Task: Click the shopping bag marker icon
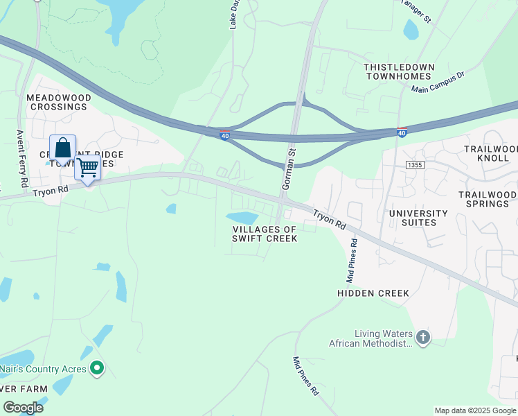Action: click(x=62, y=148)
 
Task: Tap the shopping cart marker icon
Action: click(x=87, y=167)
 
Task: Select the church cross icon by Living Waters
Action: click(x=422, y=338)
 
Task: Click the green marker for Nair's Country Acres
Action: click(x=98, y=368)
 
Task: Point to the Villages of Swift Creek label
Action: click(x=265, y=234)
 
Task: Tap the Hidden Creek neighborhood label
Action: click(x=373, y=293)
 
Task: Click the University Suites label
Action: click(x=419, y=218)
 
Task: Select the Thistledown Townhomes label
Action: click(x=400, y=72)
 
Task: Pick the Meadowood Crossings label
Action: click(x=57, y=103)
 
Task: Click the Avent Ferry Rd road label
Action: click(x=21, y=159)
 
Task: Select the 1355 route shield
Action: click(x=414, y=164)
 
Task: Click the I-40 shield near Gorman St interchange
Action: click(x=224, y=136)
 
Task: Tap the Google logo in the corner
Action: click(x=23, y=408)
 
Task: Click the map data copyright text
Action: click(x=475, y=410)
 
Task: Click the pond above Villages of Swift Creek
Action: click(x=242, y=218)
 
